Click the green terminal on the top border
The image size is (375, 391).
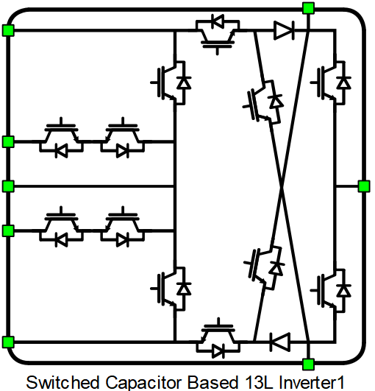click(x=309, y=8)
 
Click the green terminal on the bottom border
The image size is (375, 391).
click(x=309, y=364)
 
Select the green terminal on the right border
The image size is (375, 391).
click(x=364, y=186)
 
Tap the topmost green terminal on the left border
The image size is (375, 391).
click(x=8, y=30)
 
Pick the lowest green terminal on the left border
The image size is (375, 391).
click(x=8, y=342)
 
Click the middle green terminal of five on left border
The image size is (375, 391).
click(x=8, y=186)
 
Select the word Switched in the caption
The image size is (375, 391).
click(x=63, y=382)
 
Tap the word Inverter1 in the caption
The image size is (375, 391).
click(x=311, y=382)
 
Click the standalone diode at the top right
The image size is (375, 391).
click(x=284, y=30)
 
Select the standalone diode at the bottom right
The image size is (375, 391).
click(x=280, y=342)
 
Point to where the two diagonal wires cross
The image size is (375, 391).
click(x=282, y=186)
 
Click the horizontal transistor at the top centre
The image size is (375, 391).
click(x=218, y=33)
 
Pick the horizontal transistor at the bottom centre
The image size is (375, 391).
click(x=218, y=338)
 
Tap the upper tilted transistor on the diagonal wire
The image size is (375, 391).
click(x=263, y=102)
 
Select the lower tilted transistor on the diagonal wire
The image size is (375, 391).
click(x=265, y=268)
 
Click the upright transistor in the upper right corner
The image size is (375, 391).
click(x=331, y=82)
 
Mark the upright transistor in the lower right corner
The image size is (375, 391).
click(x=331, y=290)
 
